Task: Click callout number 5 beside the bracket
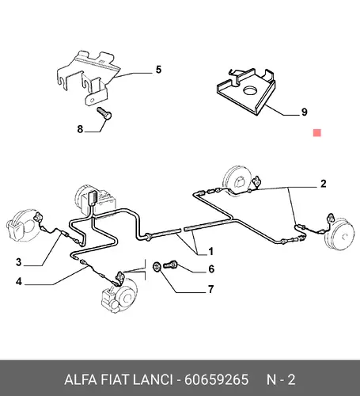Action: [158, 70]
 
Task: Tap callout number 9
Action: [305, 112]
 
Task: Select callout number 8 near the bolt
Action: [80, 129]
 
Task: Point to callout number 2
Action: [324, 184]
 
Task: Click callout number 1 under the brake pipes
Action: [210, 251]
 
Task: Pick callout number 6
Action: [211, 268]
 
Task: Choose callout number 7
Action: [210, 289]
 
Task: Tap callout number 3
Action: [18, 262]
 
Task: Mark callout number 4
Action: [18, 281]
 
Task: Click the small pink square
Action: [317, 133]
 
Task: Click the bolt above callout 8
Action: [104, 113]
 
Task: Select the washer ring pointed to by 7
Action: [157, 266]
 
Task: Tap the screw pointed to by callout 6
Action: [170, 264]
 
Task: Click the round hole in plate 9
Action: [251, 90]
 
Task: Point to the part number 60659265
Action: [216, 379]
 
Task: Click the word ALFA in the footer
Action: [80, 379]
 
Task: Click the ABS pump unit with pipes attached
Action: [96, 200]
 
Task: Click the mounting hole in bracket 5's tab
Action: [92, 101]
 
